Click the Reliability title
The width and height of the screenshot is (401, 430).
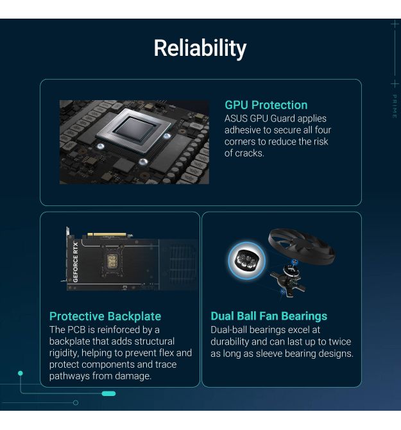(200, 48)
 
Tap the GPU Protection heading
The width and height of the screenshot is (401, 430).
(266, 105)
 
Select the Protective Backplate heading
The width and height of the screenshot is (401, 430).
(105, 316)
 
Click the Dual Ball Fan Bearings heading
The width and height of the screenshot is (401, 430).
(269, 316)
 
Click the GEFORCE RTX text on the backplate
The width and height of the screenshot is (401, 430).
(76, 262)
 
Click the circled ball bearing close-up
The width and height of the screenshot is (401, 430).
(246, 261)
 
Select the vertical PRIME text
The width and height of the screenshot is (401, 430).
(395, 107)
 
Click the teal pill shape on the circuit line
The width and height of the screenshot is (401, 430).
(108, 394)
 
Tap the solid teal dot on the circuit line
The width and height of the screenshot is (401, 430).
(21, 374)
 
